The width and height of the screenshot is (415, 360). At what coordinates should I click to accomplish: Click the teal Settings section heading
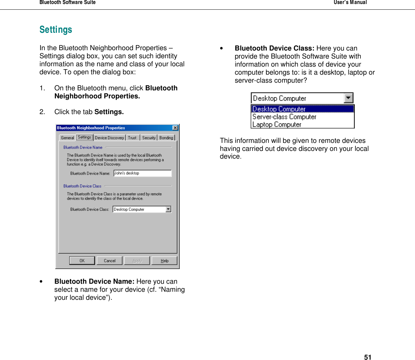(56, 30)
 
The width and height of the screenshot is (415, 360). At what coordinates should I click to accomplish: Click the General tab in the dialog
(67, 138)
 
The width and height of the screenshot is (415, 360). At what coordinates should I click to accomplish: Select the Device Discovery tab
(109, 138)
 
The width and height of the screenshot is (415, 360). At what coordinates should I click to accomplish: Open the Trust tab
(132, 138)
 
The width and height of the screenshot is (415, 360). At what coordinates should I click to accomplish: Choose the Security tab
(149, 138)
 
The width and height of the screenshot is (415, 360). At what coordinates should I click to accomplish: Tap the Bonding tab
(166, 138)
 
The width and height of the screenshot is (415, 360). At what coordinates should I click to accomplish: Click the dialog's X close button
(175, 128)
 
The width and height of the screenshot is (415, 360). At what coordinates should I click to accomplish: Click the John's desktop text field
(142, 173)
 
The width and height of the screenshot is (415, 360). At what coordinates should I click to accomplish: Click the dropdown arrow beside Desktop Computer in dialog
(168, 209)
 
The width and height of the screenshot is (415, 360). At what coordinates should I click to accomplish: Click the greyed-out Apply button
(137, 261)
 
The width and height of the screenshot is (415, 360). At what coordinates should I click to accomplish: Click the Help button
(164, 261)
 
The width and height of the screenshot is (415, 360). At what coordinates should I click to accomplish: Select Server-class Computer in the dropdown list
(284, 117)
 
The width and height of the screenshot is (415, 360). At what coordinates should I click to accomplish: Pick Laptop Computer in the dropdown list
(277, 124)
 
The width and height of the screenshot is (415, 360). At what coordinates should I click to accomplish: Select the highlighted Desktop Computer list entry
(279, 109)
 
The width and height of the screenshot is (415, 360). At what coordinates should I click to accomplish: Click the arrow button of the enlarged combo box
(348, 98)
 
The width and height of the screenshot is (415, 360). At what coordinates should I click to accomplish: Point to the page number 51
(367, 357)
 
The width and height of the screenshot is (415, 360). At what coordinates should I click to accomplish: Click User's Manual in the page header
(350, 3)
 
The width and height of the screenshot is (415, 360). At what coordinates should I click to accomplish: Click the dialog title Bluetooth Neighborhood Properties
(91, 128)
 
